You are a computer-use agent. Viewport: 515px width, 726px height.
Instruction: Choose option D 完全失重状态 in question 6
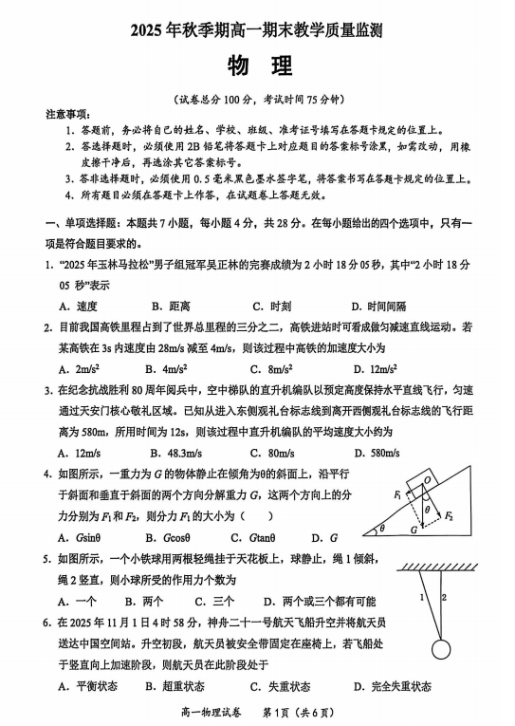coord(392,686)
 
